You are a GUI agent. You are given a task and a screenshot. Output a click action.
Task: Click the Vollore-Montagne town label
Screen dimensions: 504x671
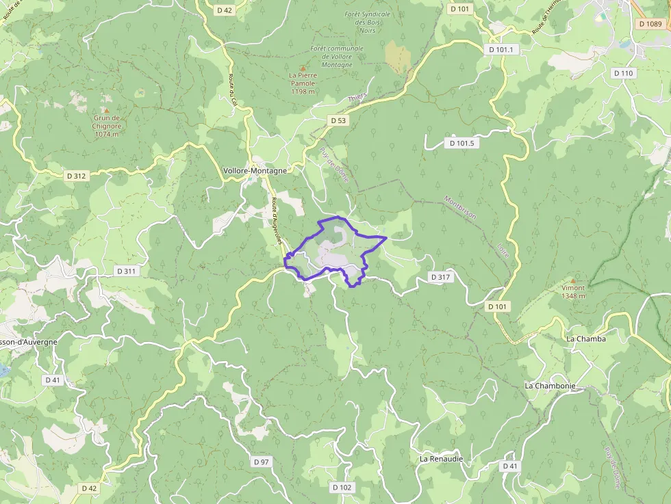255,170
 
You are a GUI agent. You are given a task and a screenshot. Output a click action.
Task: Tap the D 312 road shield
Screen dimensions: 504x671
77,176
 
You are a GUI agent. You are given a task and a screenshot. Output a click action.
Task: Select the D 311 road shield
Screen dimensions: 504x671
126,271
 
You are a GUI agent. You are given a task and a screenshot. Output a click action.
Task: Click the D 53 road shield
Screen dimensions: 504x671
338,120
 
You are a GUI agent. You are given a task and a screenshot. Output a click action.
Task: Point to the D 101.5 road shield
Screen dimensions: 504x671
462,143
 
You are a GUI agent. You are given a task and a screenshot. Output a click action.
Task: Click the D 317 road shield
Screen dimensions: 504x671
441,277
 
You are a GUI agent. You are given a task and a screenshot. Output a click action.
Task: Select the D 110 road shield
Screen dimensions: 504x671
624,73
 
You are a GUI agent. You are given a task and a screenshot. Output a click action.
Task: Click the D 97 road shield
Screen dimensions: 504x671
261,462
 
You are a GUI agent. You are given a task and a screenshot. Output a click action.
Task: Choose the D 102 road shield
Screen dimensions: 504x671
342,488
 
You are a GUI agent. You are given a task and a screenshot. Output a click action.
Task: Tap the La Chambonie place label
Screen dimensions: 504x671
550,386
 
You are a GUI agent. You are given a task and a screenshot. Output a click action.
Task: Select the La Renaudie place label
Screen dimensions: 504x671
441,459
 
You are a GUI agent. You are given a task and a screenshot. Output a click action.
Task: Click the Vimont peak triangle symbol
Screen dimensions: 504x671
573,280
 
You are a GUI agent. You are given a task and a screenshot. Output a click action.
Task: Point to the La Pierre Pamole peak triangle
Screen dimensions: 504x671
302,68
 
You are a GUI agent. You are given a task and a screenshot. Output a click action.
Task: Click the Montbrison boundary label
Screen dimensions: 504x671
459,209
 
